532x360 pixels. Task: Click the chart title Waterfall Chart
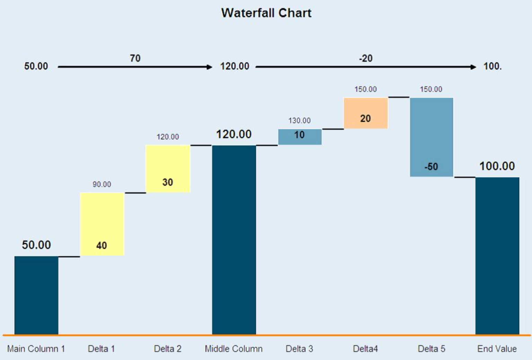click(266, 13)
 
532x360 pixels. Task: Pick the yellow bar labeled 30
click(168, 169)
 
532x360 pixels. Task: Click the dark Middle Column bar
click(234, 240)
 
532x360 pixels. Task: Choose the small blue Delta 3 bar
click(300, 137)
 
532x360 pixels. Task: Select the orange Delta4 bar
click(365, 113)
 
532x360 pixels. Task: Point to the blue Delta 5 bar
click(432, 137)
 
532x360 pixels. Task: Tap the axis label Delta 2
click(168, 349)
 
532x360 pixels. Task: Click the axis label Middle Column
click(234, 349)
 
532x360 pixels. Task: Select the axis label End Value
click(497, 349)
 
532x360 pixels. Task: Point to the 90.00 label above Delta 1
click(102, 184)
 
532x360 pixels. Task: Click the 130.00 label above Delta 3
click(300, 120)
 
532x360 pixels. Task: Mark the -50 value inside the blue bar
click(431, 166)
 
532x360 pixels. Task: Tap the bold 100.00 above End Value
click(497, 166)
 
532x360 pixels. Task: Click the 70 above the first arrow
click(135, 58)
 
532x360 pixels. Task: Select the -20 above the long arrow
click(366, 58)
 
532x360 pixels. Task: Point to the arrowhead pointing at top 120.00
click(210, 67)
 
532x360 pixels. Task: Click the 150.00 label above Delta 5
click(431, 89)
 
